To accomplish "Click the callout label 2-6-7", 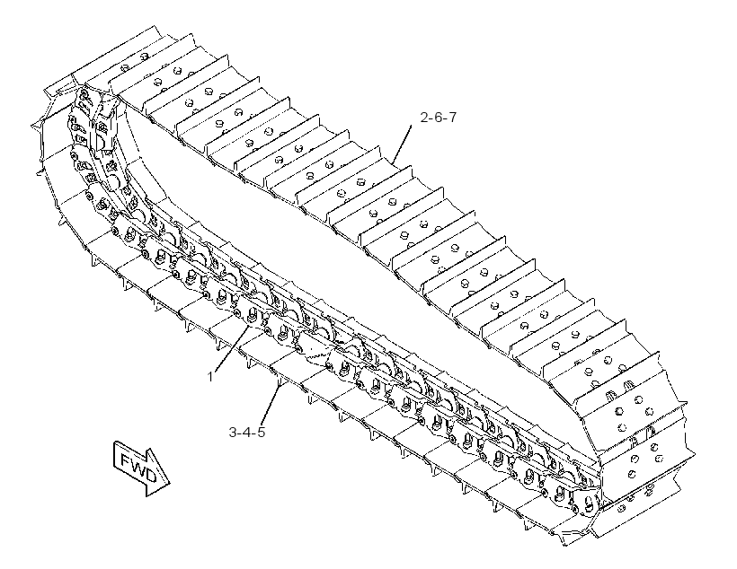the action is (x=438, y=118).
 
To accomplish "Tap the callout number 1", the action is (x=210, y=377).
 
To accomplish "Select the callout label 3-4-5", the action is (x=247, y=432).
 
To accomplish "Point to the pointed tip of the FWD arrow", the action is (x=169, y=483).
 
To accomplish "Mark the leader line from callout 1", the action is (x=232, y=348).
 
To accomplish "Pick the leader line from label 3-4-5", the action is (x=270, y=403).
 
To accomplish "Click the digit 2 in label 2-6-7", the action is (x=424, y=118).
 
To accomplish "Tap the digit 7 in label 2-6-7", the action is (x=452, y=118).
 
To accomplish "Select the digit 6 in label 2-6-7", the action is (x=438, y=118).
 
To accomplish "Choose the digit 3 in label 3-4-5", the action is (x=233, y=432).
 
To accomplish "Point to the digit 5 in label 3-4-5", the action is (x=261, y=432).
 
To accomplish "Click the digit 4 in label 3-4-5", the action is (x=247, y=432).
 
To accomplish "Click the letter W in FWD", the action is (x=138, y=468).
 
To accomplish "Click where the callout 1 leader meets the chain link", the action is (x=249, y=327).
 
